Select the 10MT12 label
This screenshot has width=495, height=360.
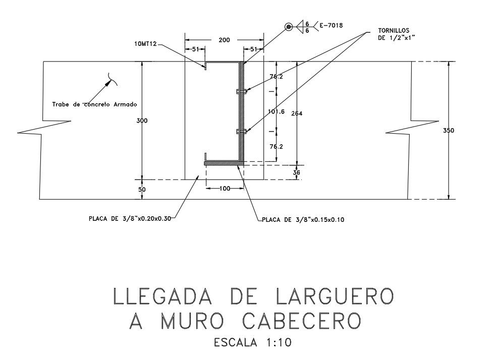point(146,44)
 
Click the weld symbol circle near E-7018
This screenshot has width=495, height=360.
point(289,27)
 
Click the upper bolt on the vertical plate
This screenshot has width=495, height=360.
point(241,92)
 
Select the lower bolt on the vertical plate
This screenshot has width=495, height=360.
point(241,132)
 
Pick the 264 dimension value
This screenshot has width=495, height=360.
point(297,113)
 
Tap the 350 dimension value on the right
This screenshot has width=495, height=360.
point(449,130)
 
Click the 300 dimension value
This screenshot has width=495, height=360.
point(143,121)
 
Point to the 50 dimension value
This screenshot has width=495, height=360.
point(142,189)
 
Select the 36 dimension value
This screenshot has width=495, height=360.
point(297,172)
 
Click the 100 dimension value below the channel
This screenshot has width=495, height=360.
point(225,188)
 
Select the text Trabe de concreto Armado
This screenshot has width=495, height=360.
point(95,104)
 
